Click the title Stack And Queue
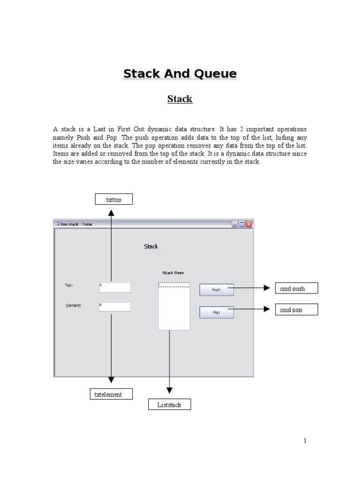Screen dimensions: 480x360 coord(180,74)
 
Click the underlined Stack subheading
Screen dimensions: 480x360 coord(180,99)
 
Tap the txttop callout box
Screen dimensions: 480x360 coord(113,200)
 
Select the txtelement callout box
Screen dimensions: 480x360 coord(111,394)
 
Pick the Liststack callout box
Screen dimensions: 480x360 coord(169,404)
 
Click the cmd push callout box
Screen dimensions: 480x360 coord(296,288)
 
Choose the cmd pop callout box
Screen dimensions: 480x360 coord(296,309)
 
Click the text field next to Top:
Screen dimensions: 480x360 coord(115,287)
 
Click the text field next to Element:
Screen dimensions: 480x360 coord(115,307)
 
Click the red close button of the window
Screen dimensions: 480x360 coord(249,224)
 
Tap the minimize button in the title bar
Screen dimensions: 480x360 coord(235,224)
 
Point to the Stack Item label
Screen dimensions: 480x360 coord(173,272)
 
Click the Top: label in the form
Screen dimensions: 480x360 coord(69,285)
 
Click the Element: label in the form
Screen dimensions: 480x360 coord(74,305)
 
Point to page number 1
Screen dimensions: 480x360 coord(305,441)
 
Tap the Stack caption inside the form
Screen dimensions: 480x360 coord(151,247)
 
